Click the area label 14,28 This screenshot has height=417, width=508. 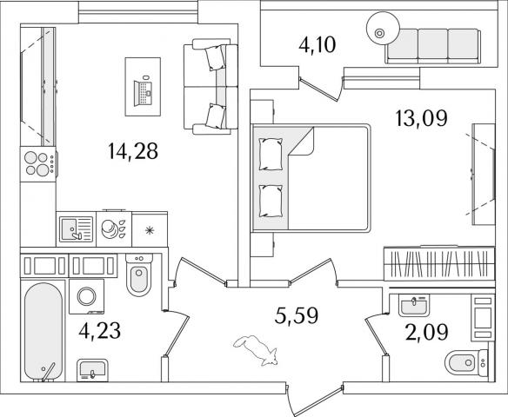click(x=133, y=151)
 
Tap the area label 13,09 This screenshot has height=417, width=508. click(x=421, y=118)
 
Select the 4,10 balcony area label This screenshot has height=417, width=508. click(x=317, y=44)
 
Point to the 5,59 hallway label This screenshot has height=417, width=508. click(x=296, y=315)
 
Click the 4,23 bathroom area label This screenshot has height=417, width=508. click(x=100, y=331)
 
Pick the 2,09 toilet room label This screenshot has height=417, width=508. click(x=427, y=332)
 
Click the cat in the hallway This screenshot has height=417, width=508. click(x=256, y=350)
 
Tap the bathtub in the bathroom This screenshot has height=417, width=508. click(x=43, y=332)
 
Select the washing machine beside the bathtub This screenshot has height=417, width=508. click(x=86, y=296)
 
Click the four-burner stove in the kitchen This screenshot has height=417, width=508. click(x=38, y=164)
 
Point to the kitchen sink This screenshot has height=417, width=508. click(x=77, y=229)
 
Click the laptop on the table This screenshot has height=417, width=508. click(x=143, y=93)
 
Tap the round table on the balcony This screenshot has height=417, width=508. click(x=382, y=28)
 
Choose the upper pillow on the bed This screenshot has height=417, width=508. click(x=271, y=154)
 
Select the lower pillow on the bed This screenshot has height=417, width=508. click(x=271, y=201)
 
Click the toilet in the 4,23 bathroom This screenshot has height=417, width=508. click(x=139, y=275)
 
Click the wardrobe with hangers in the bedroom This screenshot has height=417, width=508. click(x=439, y=263)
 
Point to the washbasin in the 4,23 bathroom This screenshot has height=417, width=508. click(x=92, y=370)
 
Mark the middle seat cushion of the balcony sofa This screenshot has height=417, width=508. click(x=433, y=44)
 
